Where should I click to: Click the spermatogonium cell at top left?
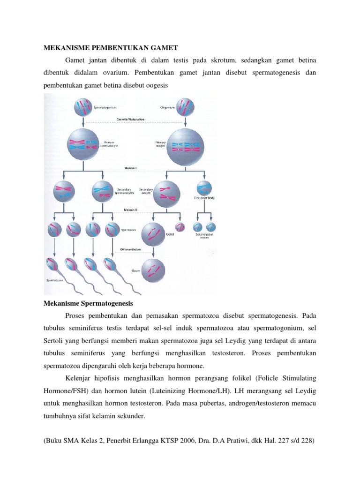pos(82,107)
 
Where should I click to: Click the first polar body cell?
pos(204,188)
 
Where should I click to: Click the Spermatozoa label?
pos(54,281)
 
